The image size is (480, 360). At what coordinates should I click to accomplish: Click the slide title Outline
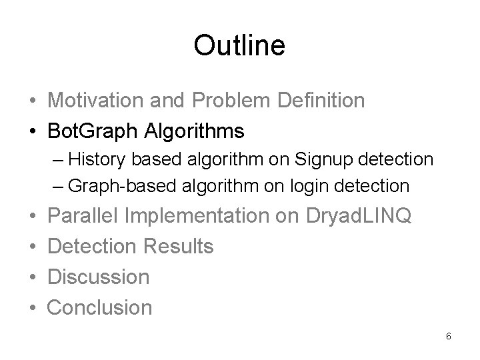point(239,45)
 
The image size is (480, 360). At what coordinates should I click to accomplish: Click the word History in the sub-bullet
point(97,160)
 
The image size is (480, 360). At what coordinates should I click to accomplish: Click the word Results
point(179,246)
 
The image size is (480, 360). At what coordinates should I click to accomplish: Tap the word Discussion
point(99,276)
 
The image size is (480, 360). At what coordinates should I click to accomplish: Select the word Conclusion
point(100,307)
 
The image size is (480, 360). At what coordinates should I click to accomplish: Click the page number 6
point(449,335)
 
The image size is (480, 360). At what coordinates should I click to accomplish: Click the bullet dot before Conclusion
point(33,308)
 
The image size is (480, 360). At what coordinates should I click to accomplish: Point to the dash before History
point(59,161)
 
